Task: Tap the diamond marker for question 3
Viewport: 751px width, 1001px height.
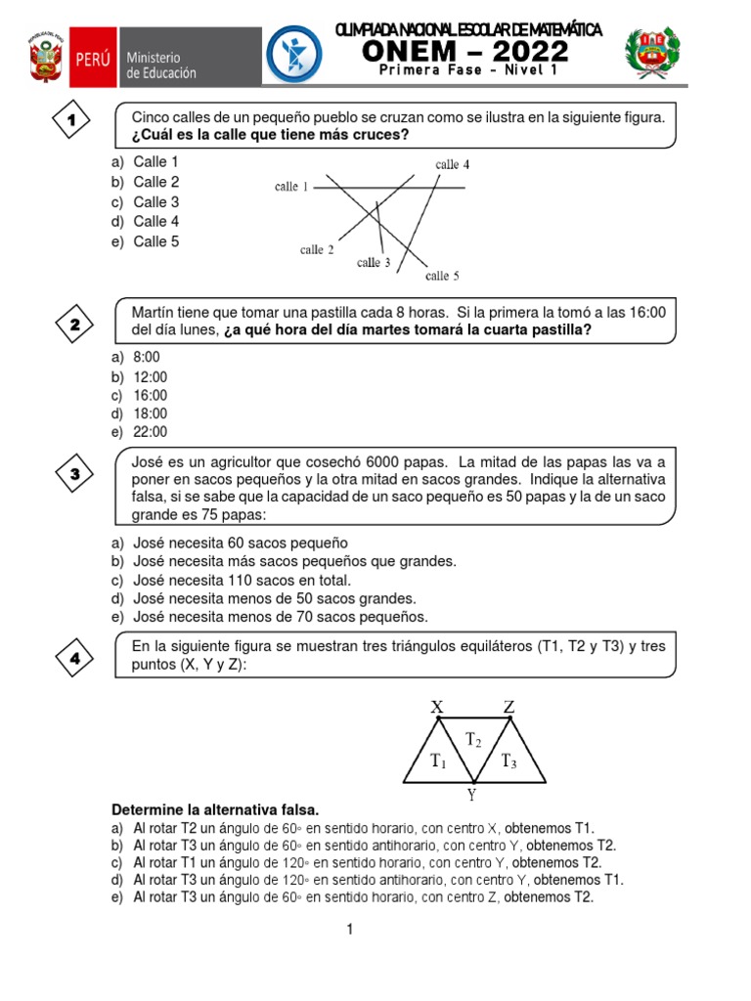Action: pyautogui.click(x=74, y=475)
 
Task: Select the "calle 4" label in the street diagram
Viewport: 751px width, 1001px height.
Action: pyautogui.click(x=453, y=164)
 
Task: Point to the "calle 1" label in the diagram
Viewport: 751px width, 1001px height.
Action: pyautogui.click(x=291, y=187)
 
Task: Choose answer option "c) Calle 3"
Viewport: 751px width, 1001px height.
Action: pyautogui.click(x=146, y=201)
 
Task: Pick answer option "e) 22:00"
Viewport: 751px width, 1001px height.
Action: pyautogui.click(x=140, y=432)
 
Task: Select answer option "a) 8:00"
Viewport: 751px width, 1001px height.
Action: pyautogui.click(x=136, y=358)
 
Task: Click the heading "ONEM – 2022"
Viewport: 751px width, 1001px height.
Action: pyautogui.click(x=468, y=52)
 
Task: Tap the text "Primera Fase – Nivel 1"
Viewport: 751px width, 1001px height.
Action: pyautogui.click(x=468, y=73)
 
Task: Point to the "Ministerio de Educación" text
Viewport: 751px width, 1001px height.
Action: pyautogui.click(x=161, y=65)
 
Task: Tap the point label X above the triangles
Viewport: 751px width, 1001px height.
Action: pyautogui.click(x=437, y=706)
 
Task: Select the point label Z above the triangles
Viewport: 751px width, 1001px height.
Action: pyautogui.click(x=509, y=706)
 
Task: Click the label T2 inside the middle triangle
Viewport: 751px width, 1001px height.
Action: pyautogui.click(x=473, y=740)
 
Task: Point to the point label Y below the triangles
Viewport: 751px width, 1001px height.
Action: pyautogui.click(x=471, y=795)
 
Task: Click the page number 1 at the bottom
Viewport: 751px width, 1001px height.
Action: pyautogui.click(x=348, y=931)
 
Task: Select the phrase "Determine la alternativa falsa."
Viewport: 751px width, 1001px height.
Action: pyautogui.click(x=215, y=810)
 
